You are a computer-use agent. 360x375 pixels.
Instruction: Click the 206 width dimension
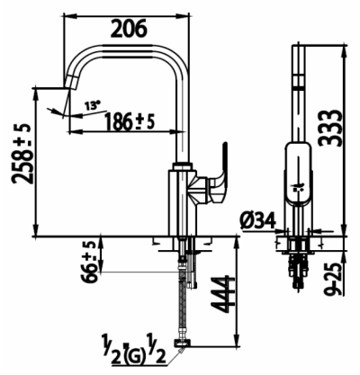point(129,29)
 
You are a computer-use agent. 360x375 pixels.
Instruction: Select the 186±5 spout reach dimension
point(130,121)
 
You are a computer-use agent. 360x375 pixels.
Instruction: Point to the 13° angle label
point(92,105)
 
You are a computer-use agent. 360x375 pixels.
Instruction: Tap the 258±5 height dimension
point(22,153)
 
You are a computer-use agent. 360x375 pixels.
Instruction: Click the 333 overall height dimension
point(329,128)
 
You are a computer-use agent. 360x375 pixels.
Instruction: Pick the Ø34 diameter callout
point(257,221)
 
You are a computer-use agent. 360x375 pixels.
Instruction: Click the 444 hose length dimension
point(221,294)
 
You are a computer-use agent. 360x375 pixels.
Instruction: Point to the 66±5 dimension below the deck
point(89,262)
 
